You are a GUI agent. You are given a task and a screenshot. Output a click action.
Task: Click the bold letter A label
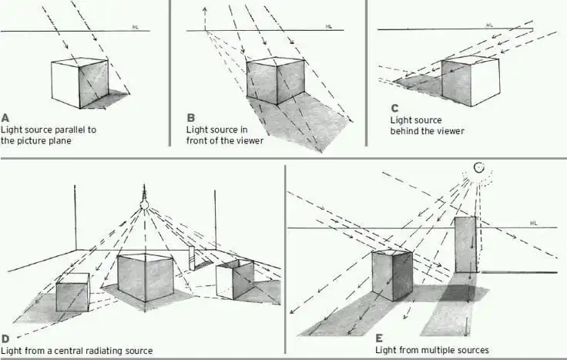coord(5,118)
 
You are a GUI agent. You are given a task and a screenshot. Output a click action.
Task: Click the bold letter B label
coord(191,118)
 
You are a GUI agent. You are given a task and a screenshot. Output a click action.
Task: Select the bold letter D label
coord(5,338)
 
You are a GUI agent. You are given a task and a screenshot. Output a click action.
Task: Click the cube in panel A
coord(79,81)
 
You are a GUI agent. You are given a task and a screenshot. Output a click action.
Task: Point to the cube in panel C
coord(470,81)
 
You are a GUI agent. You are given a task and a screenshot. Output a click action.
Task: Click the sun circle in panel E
coord(478,167)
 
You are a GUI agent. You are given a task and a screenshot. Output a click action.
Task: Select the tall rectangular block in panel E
coord(465,245)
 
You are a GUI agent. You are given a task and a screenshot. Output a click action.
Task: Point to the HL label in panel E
coord(533,224)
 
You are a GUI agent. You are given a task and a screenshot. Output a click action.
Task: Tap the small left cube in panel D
coord(72,292)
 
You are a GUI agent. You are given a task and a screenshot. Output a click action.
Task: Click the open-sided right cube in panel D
coord(234,279)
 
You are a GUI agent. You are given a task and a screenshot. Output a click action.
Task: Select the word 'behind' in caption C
coord(406,131)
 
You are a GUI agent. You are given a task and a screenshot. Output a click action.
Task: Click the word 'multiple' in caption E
coord(437,350)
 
